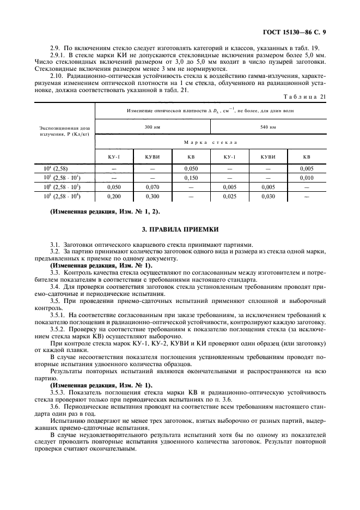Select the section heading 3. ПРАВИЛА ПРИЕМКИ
tap(180, 232)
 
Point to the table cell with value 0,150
tap(191, 178)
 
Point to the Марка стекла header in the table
tap(210, 142)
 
